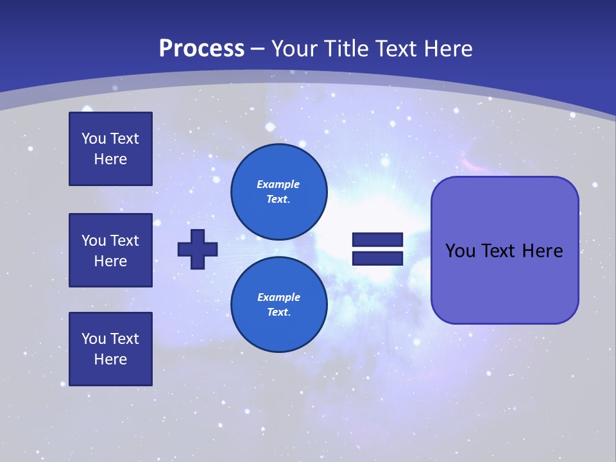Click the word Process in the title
point(201,49)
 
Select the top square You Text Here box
point(110,149)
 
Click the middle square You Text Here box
point(110,250)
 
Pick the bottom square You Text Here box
point(110,349)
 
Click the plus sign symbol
point(198,249)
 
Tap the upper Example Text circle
point(278,191)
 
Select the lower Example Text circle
point(278,304)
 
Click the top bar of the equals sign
point(377,240)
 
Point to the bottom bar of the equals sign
point(377,258)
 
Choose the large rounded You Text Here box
point(504,250)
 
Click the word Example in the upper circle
point(278,184)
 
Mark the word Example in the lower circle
point(278,297)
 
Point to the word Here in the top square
point(110,159)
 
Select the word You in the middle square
point(94,241)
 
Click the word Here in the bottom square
point(110,359)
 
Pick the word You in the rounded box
point(460,251)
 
